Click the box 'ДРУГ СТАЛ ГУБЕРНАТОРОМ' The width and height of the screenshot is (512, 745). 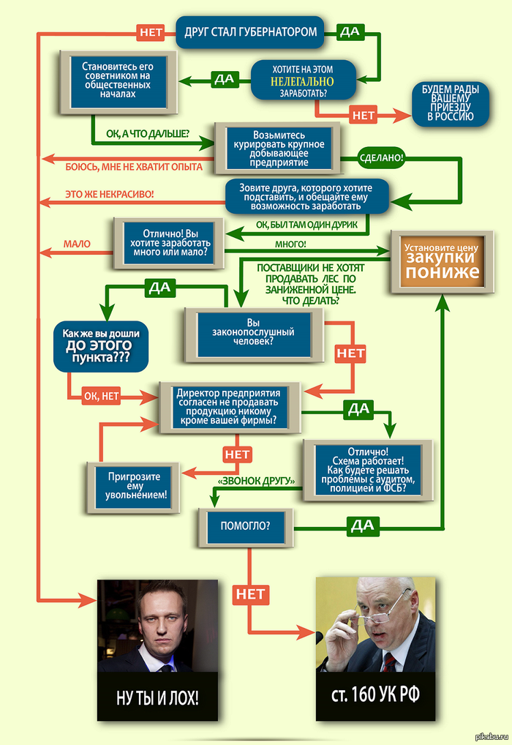(x=250, y=32)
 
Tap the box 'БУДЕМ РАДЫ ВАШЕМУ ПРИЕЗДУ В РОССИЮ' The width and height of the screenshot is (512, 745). (x=450, y=103)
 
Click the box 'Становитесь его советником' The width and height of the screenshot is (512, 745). (x=118, y=80)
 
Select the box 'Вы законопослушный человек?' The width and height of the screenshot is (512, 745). (x=253, y=332)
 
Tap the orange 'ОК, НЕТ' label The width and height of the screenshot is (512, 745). (x=101, y=397)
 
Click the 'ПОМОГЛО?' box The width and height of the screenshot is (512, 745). (x=245, y=525)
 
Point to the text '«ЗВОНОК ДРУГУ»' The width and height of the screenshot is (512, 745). (x=256, y=481)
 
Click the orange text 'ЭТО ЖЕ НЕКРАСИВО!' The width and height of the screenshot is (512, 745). (x=110, y=194)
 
